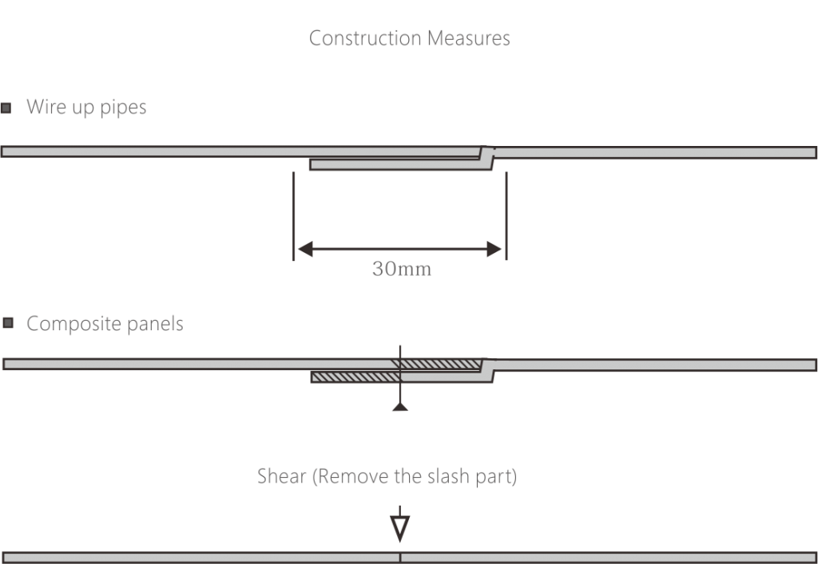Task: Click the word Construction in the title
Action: [x=365, y=38]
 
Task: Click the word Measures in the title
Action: [x=468, y=38]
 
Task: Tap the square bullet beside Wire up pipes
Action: [x=6, y=108]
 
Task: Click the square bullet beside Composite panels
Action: [x=8, y=323]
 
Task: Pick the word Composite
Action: [x=73, y=323]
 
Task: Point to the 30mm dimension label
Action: [x=402, y=269]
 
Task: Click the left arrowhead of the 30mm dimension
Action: [x=305, y=249]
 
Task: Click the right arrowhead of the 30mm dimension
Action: [x=494, y=249]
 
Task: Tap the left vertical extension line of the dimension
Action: [x=293, y=216]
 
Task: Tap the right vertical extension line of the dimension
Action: [x=506, y=216]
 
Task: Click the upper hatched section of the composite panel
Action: [x=437, y=364]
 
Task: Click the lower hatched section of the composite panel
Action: [x=355, y=377]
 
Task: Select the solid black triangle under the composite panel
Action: [x=400, y=407]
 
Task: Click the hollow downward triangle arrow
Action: [x=400, y=528]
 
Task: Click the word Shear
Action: [x=282, y=476]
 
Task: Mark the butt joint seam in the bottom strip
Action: [x=400, y=558]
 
